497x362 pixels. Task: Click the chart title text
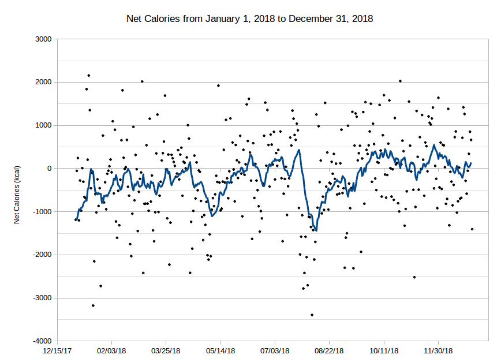point(249,19)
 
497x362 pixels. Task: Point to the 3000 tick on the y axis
point(43,39)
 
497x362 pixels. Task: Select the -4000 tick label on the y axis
point(42,341)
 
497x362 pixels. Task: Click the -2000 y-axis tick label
point(42,255)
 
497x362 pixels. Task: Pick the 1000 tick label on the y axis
point(43,125)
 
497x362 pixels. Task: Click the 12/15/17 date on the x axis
point(58,350)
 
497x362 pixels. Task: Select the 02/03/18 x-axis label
point(112,350)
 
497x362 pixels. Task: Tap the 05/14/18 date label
point(221,350)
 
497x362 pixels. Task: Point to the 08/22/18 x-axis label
point(329,350)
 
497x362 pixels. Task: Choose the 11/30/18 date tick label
point(438,350)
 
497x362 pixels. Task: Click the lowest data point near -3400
point(312,315)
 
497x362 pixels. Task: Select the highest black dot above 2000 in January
point(88,75)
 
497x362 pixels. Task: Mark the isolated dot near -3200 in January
point(93,305)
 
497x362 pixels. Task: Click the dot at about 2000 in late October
point(400,81)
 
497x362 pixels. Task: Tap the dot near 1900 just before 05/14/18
point(218,85)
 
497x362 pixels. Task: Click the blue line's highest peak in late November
point(434,145)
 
